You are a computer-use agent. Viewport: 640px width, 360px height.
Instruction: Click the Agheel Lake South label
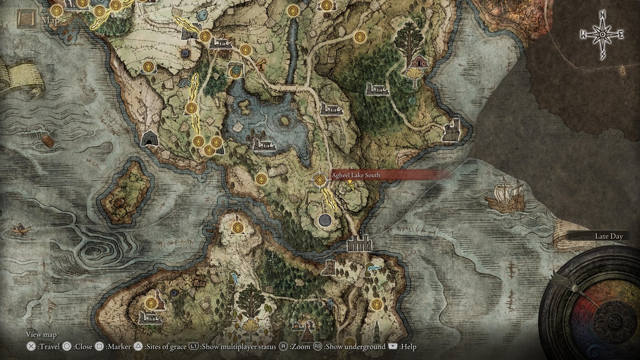click(356, 175)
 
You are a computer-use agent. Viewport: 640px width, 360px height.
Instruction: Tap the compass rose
click(602, 35)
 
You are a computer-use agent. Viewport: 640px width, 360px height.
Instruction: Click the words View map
click(41, 334)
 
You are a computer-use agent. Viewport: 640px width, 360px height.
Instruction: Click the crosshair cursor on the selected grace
click(320, 180)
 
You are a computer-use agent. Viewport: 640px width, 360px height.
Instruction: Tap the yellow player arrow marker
click(350, 185)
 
